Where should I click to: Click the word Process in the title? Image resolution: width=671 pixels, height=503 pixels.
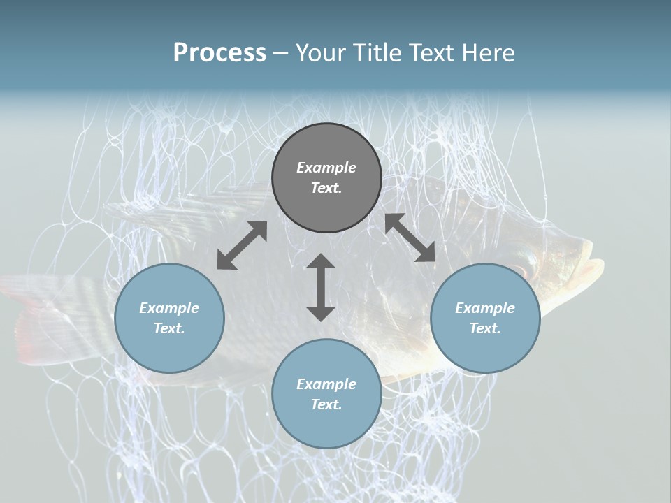(219, 52)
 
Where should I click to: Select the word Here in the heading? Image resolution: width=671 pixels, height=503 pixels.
(488, 52)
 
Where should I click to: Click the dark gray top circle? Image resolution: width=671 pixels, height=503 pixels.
(326, 178)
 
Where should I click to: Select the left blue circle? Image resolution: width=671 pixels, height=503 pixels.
(169, 319)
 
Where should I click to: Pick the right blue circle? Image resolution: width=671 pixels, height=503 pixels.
(485, 319)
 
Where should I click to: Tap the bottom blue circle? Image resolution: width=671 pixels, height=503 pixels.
(326, 394)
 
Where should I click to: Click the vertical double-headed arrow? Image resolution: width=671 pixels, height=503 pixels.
(321, 287)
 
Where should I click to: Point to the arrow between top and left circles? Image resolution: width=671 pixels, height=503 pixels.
(243, 245)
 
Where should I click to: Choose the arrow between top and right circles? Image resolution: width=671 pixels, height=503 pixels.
(410, 238)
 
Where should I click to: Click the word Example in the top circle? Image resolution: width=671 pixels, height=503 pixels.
(326, 168)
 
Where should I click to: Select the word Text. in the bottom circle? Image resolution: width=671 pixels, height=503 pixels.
(326, 404)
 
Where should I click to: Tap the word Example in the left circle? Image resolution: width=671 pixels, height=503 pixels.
(169, 308)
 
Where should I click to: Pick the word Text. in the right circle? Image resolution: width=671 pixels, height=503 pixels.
(485, 328)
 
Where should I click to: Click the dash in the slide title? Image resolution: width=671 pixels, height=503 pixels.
(281, 54)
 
